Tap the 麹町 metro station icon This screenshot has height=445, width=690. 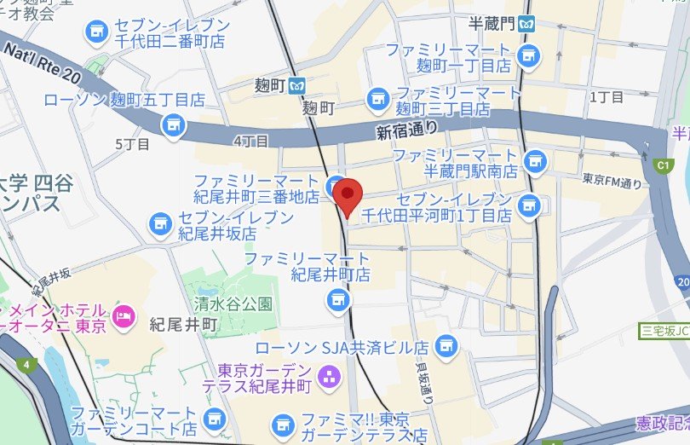296,85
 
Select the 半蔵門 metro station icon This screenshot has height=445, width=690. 529,23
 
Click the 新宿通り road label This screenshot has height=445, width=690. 407,130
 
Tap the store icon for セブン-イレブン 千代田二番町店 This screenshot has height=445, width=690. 95,33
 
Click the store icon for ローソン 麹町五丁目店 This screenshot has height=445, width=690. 173,124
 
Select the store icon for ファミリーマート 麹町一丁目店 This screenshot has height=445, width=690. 528,57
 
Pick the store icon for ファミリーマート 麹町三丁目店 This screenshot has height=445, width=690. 375,100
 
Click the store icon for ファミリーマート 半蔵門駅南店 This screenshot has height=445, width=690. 534,159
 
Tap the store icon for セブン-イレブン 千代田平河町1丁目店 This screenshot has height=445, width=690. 529,205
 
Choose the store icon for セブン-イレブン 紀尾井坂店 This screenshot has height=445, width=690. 159,223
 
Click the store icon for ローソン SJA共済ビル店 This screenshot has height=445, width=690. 444,346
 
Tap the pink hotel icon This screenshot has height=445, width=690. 124,315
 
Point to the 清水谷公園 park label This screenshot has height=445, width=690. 233,303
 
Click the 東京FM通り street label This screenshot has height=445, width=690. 612,181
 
